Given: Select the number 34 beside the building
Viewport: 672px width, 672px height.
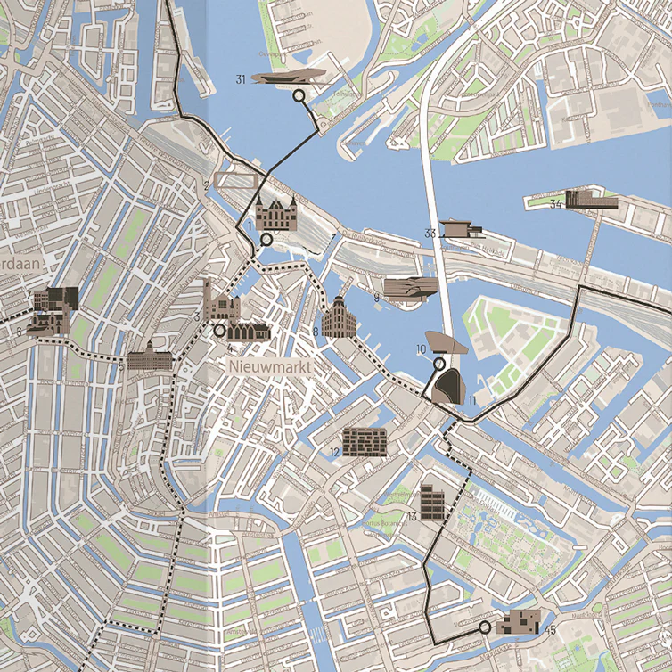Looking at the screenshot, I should coord(555,204).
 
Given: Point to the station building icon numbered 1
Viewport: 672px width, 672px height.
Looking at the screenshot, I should coord(273,214).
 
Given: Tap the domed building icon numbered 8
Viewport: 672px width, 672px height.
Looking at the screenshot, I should coord(339,318).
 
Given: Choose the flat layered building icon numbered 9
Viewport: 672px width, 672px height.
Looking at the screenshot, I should coord(410,287).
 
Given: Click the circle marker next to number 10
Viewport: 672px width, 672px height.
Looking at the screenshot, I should coord(438,364).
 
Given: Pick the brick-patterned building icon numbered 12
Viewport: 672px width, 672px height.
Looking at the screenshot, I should coord(365,441).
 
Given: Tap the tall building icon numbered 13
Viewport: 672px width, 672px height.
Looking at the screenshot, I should coord(432,502).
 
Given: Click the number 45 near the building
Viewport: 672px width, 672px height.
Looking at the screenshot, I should coord(550,631).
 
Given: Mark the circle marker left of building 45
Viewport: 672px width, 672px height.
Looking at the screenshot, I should coord(484,627).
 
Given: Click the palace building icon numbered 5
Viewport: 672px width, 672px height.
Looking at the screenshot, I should coord(147,358).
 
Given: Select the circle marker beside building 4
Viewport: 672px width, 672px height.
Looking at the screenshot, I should coord(219,330).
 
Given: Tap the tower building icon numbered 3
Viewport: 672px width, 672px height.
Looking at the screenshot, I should coord(217,303).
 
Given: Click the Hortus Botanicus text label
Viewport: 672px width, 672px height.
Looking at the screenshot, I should coord(384,523).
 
